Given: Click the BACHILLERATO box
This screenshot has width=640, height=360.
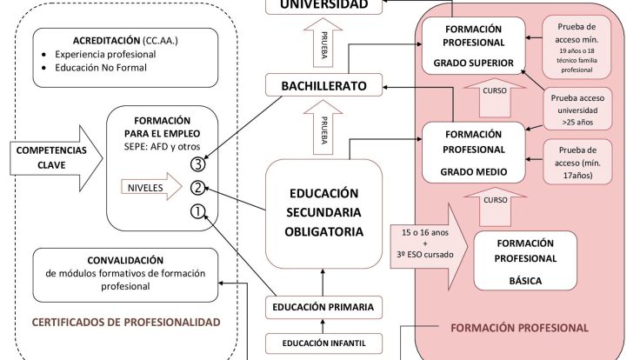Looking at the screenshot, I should coord(323,85).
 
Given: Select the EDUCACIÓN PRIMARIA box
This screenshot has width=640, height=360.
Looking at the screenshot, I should coord(323,307).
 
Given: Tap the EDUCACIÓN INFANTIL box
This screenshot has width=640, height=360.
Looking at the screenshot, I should coord(323,343).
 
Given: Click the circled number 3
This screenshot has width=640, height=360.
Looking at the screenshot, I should coord(198,163).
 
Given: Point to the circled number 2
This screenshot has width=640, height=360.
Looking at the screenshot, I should coord(198,186).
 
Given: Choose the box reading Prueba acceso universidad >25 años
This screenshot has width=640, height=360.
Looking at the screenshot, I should coord(577,110).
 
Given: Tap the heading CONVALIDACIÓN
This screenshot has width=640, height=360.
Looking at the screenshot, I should coord(125,259).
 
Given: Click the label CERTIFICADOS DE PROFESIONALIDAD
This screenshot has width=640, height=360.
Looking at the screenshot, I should coord(126,322).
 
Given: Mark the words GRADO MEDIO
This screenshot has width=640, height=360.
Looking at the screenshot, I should coord(473,171).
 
